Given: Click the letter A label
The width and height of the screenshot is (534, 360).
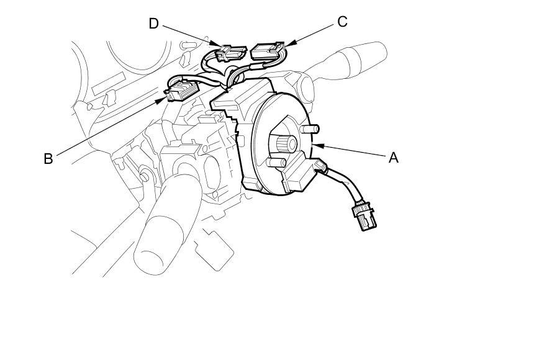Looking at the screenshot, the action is coord(392,158).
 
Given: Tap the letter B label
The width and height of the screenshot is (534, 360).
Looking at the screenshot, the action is coord(48,158).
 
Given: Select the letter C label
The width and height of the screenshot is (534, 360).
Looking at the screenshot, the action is coord(342,22).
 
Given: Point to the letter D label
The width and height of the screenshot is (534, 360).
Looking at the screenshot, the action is coord(154,24).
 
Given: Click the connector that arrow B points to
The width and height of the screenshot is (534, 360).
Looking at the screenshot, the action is coord(180,92).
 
